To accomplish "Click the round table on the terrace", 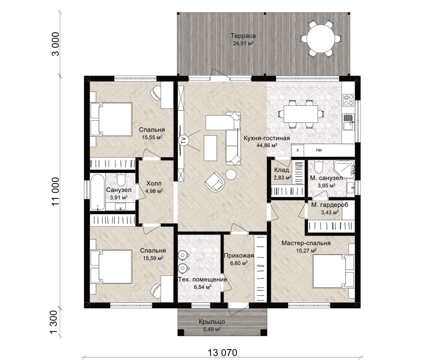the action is point(321,38).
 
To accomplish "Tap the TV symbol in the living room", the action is point(183,140).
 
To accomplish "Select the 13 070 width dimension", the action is point(222,353).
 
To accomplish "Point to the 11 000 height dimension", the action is point(55,191).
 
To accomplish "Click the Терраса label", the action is point(243,36).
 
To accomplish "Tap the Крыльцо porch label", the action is point(212,322).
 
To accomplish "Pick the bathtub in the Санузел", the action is point(98,192).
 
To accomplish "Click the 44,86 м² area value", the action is point(266,145).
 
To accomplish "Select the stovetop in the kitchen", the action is point(348,100).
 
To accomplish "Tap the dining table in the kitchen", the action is point(301,114).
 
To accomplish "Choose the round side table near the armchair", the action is point(231,175).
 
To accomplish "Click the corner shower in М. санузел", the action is point(344,169).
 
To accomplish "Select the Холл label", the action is point(154,183).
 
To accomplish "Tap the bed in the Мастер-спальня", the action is point(333,271).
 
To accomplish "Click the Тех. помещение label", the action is point(203,279).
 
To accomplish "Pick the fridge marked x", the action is point(298,150).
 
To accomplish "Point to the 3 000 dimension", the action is point(55,44).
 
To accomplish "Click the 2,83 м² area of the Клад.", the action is point(283,178).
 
